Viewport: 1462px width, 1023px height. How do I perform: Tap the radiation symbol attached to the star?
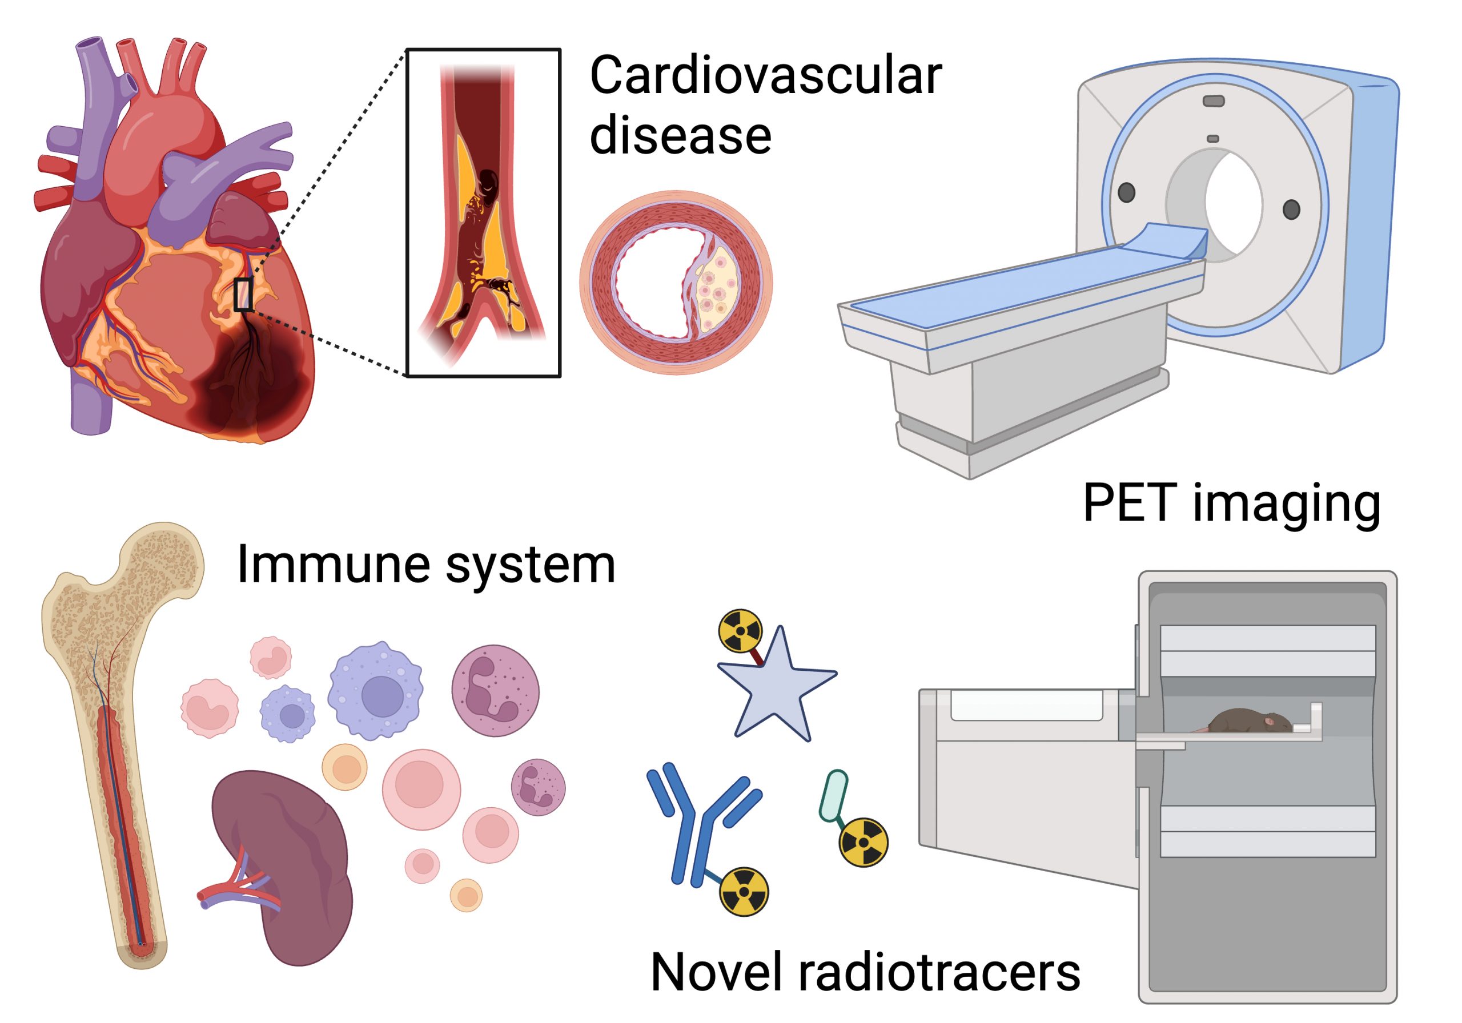point(740,631)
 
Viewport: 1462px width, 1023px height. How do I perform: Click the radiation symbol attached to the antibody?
point(744,892)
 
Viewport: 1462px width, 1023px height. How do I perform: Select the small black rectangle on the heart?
point(243,294)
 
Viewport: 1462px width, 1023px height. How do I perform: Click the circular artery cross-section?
point(676,282)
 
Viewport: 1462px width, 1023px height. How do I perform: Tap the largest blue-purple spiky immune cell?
point(376,691)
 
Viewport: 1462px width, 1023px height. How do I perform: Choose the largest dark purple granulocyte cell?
point(495,691)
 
